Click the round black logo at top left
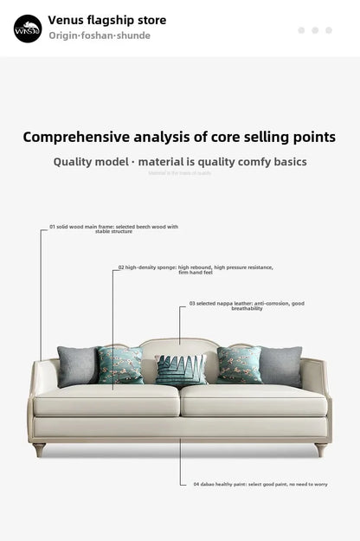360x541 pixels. click(28, 29)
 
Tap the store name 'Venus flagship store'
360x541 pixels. click(107, 20)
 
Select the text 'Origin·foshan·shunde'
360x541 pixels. click(100, 35)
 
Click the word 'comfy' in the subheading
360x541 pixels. click(231, 162)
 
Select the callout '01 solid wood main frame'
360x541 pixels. click(113, 229)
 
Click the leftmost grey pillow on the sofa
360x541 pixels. click(77, 365)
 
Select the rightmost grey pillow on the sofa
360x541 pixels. click(281, 365)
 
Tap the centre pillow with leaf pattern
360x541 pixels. click(181, 370)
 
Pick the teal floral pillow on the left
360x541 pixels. click(120, 365)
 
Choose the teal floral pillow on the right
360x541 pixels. click(239, 364)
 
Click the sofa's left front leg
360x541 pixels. click(39, 449)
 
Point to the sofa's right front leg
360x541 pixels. click(320, 449)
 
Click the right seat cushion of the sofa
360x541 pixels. click(253, 400)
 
